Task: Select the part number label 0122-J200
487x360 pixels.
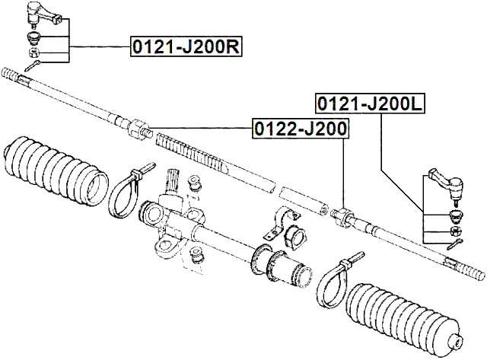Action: pyautogui.click(x=300, y=129)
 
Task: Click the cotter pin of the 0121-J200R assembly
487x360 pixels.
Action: pyautogui.click(x=31, y=68)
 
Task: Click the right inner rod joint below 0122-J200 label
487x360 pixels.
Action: pyautogui.click(x=343, y=215)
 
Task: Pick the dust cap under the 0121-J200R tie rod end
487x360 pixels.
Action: pyautogui.click(x=34, y=38)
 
